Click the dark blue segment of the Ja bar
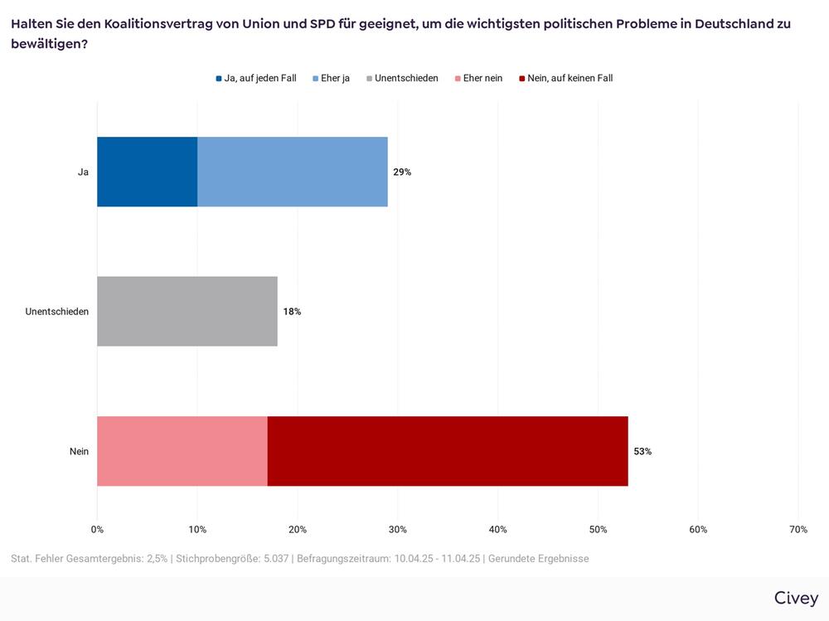pyautogui.click(x=147, y=172)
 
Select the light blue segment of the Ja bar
pyautogui.click(x=293, y=172)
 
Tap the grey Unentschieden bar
pyautogui.click(x=187, y=311)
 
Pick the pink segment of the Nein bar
pyautogui.click(x=182, y=451)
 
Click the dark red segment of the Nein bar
pyautogui.click(x=448, y=451)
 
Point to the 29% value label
pyautogui.click(x=402, y=172)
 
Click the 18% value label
pyautogui.click(x=292, y=312)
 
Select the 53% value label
pyautogui.click(x=642, y=452)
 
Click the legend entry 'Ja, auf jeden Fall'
pyautogui.click(x=256, y=78)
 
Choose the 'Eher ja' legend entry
pyautogui.click(x=331, y=78)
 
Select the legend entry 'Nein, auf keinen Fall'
pyautogui.click(x=565, y=78)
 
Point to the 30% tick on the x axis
pyautogui.click(x=397, y=530)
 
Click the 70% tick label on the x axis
pyautogui.click(x=797, y=530)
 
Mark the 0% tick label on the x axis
pyautogui.click(x=97, y=530)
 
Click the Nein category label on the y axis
pyautogui.click(x=79, y=452)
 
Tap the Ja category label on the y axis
pyautogui.click(x=83, y=172)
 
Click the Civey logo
pyautogui.click(x=796, y=598)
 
